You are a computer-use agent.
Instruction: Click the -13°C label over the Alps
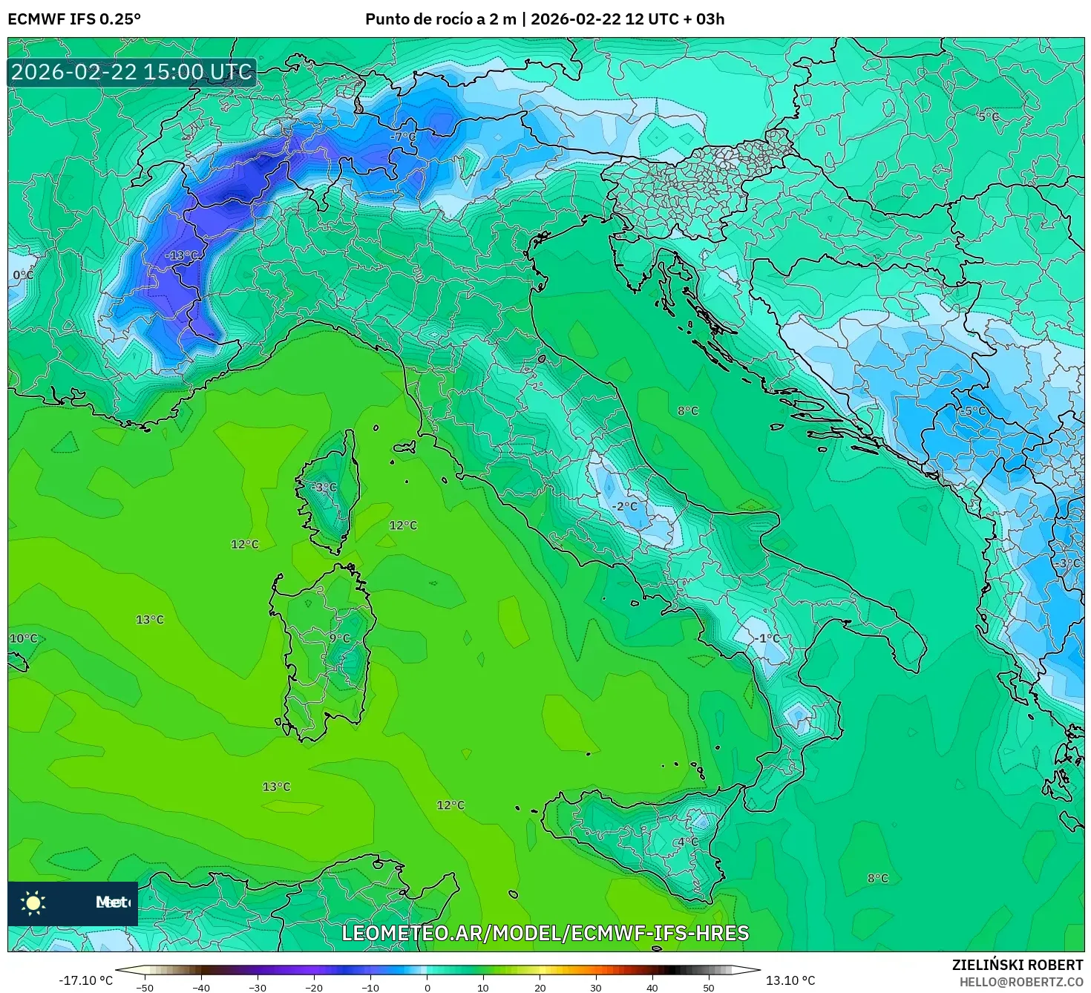coord(182,256)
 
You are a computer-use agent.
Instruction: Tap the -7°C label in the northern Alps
coord(404,137)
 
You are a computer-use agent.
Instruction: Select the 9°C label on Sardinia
coord(339,638)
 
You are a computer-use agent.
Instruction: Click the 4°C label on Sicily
coord(687,842)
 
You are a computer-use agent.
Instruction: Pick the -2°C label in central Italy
coord(625,506)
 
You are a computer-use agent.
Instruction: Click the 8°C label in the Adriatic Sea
coord(687,411)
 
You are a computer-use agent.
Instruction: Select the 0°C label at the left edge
coord(23,275)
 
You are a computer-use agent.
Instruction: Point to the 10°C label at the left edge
coord(23,638)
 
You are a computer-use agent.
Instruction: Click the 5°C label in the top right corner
coord(988,117)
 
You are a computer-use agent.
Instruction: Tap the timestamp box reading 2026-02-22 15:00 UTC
coord(132,72)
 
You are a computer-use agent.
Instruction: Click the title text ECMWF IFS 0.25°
coord(74,19)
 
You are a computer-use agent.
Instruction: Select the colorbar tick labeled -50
coord(145,987)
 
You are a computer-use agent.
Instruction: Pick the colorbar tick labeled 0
coord(427,987)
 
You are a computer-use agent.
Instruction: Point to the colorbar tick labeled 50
coord(709,987)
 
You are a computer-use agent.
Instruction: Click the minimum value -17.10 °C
coord(85,980)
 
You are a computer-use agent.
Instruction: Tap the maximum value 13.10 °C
coord(790,980)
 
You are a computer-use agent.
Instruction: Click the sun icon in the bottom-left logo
coord(33,902)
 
